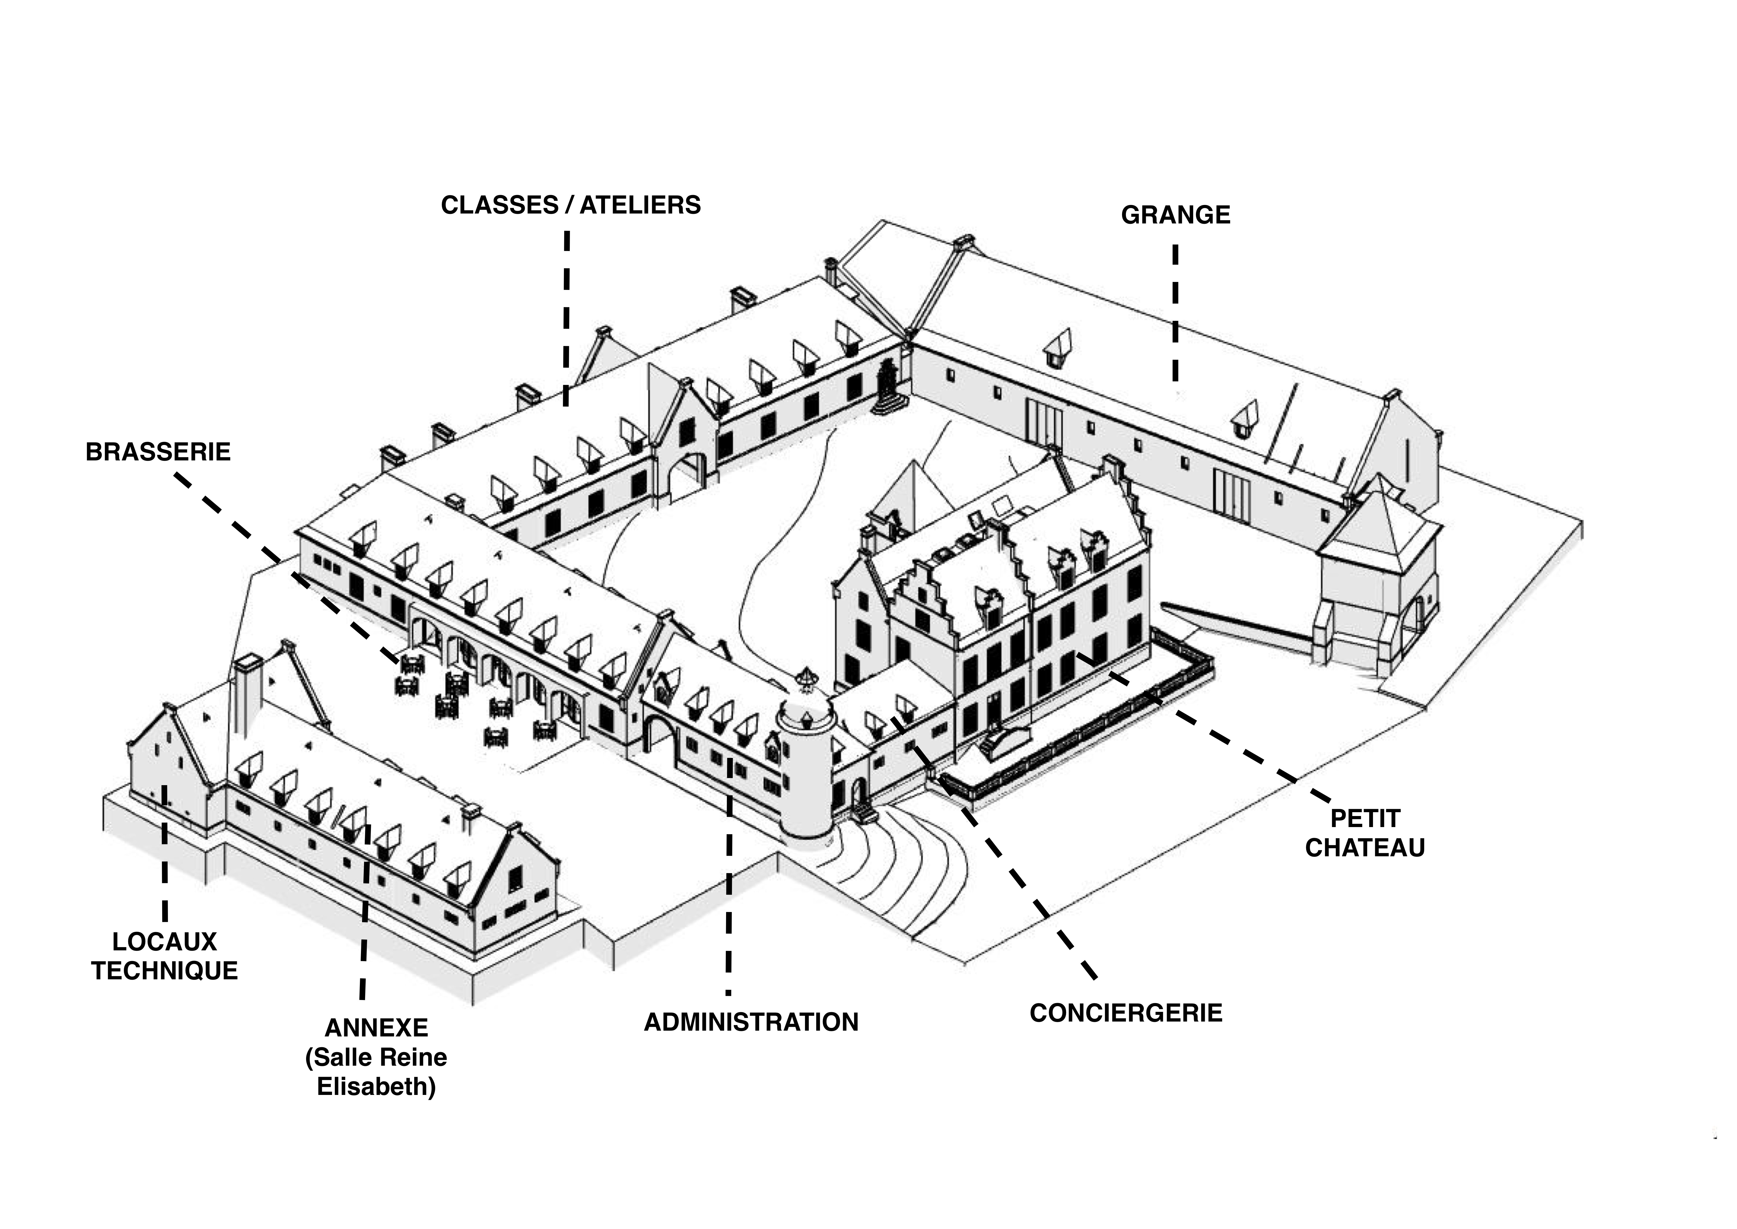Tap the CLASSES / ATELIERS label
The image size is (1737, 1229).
click(571, 205)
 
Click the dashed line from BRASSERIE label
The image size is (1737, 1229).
click(288, 567)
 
